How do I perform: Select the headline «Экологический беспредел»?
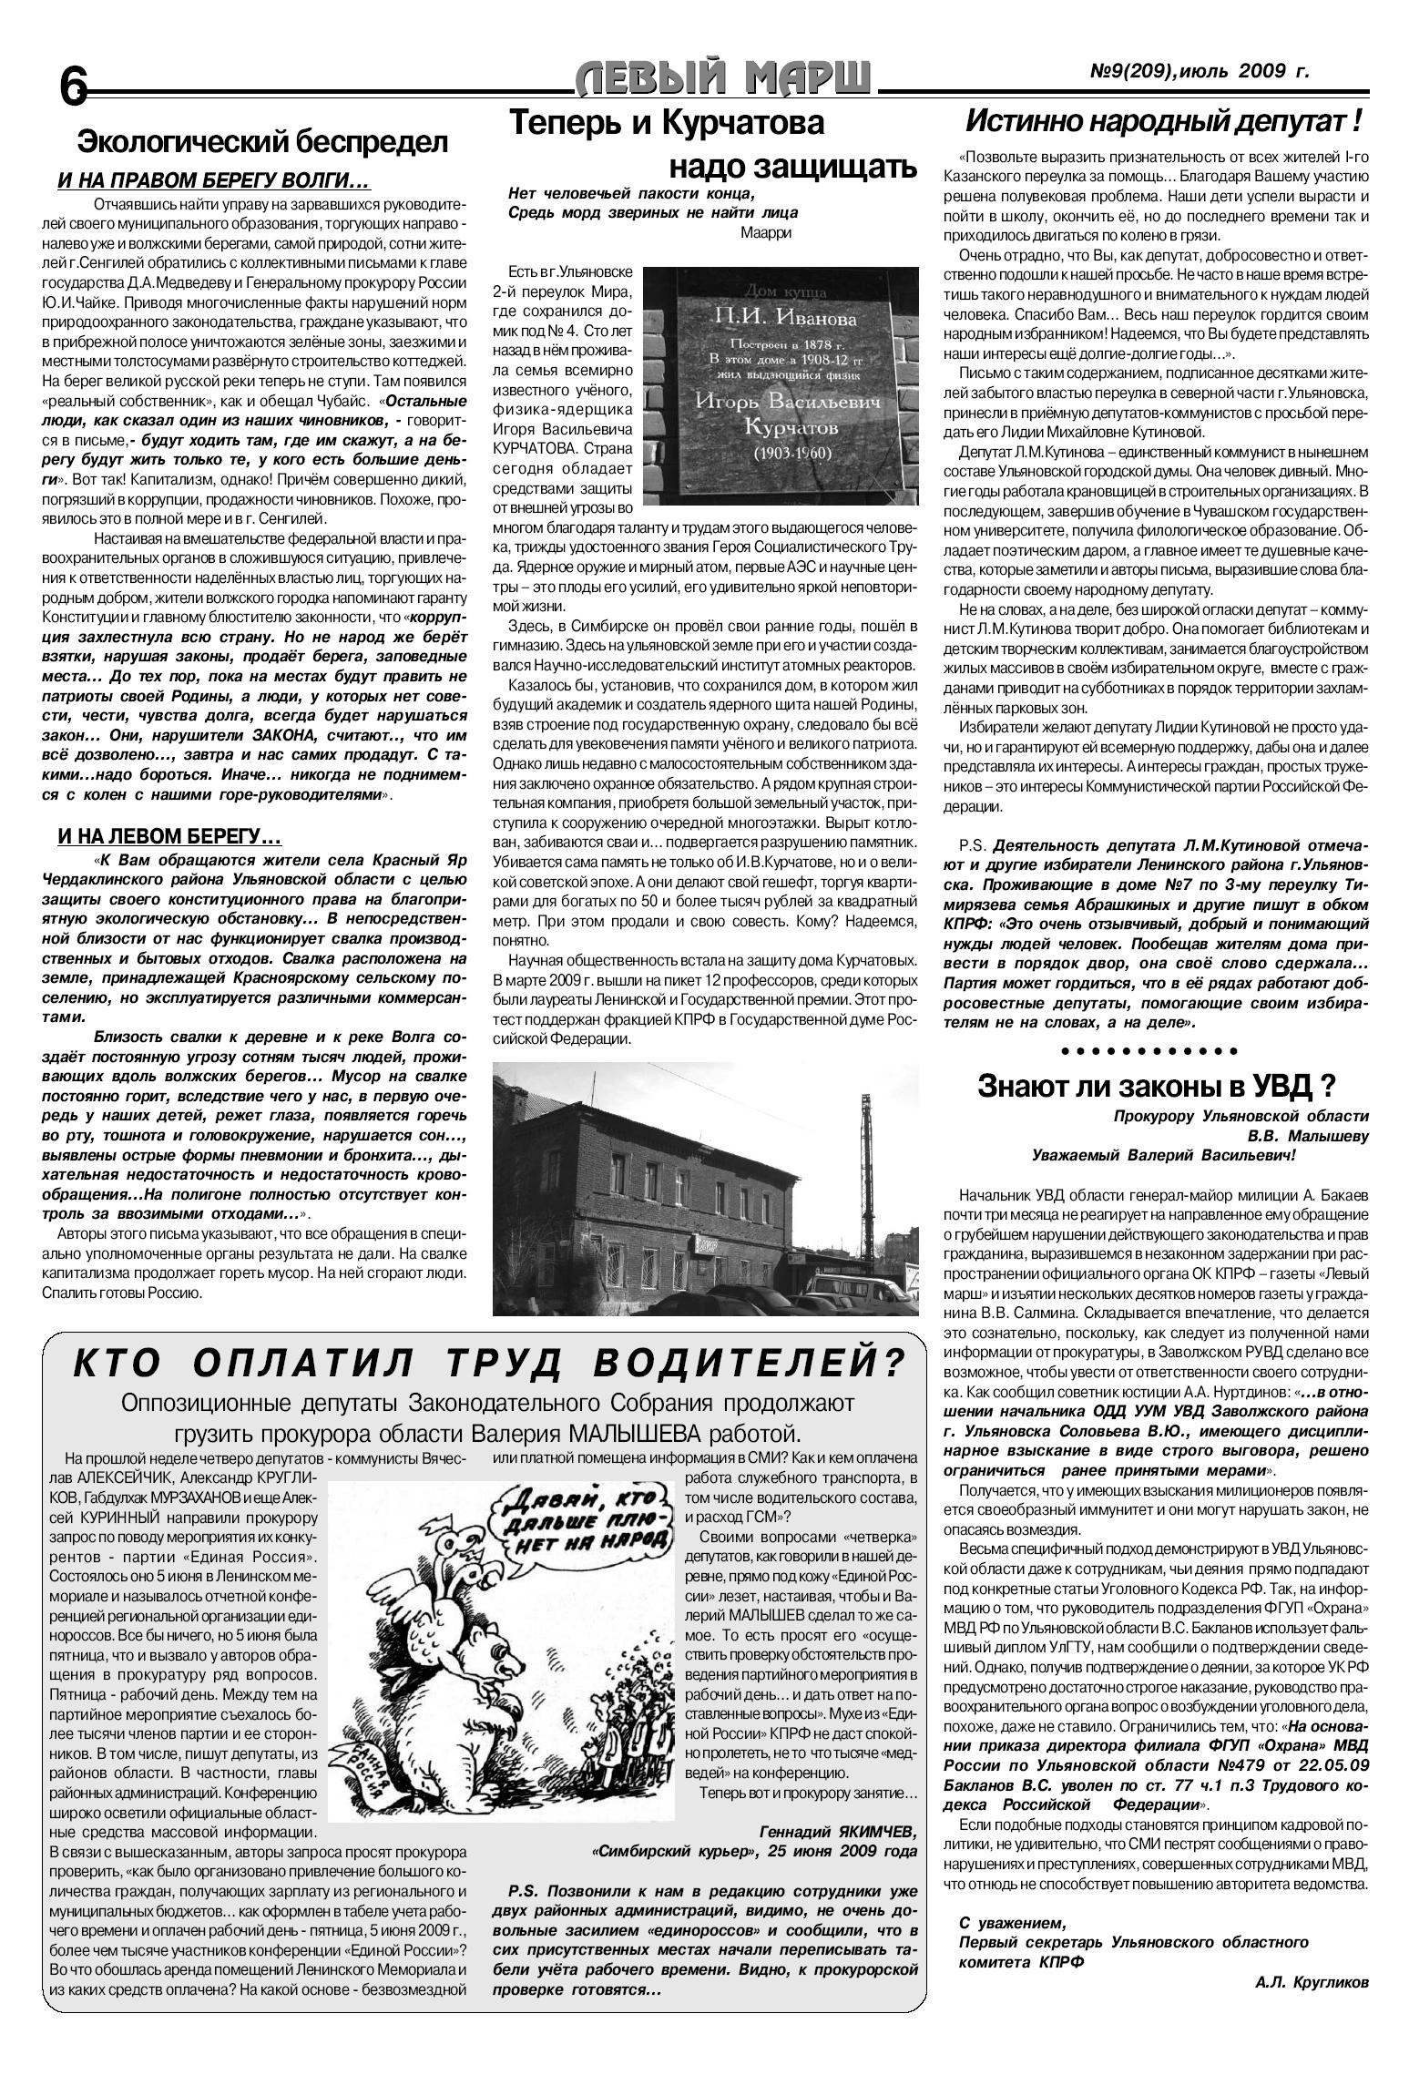point(262,142)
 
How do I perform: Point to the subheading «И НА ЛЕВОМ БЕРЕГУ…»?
point(169,834)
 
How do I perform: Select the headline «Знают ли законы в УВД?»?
point(1156,1086)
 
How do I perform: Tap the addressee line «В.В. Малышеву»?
point(1307,1135)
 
